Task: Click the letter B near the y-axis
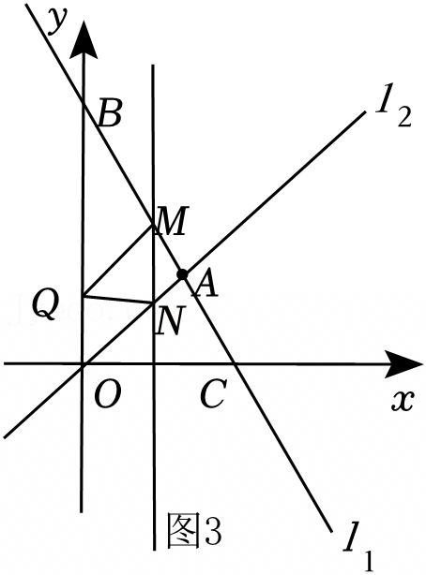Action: (110, 114)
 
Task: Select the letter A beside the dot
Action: (206, 283)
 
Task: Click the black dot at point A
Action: (182, 274)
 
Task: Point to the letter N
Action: (169, 320)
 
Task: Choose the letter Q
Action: (45, 302)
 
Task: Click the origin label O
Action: (107, 395)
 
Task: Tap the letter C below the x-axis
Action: (212, 394)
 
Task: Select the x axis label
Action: (403, 401)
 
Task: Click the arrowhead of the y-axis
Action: (84, 39)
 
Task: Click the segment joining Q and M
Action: (118, 259)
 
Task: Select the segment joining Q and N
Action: (118, 299)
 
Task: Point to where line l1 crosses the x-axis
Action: (236, 364)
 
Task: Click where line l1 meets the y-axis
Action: (84, 105)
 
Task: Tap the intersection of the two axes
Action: (83, 364)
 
